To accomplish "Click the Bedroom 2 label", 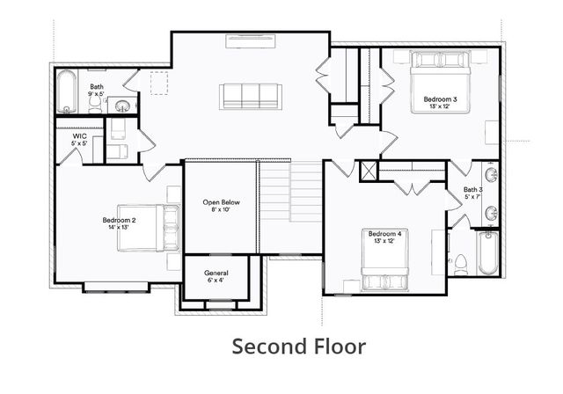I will (x=118, y=220).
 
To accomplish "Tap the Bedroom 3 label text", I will (x=440, y=100).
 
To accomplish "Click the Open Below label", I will (x=219, y=202).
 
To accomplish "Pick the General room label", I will (x=216, y=273).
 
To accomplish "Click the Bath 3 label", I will (x=473, y=190).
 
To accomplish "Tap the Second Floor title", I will (x=298, y=346).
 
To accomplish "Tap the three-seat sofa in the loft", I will (x=250, y=97).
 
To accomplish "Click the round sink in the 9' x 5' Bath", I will (x=123, y=106).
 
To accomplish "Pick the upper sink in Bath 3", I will (x=491, y=175).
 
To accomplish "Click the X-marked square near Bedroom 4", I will (x=368, y=171).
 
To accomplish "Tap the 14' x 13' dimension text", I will (x=118, y=227).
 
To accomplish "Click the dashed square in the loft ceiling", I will (x=159, y=84).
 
